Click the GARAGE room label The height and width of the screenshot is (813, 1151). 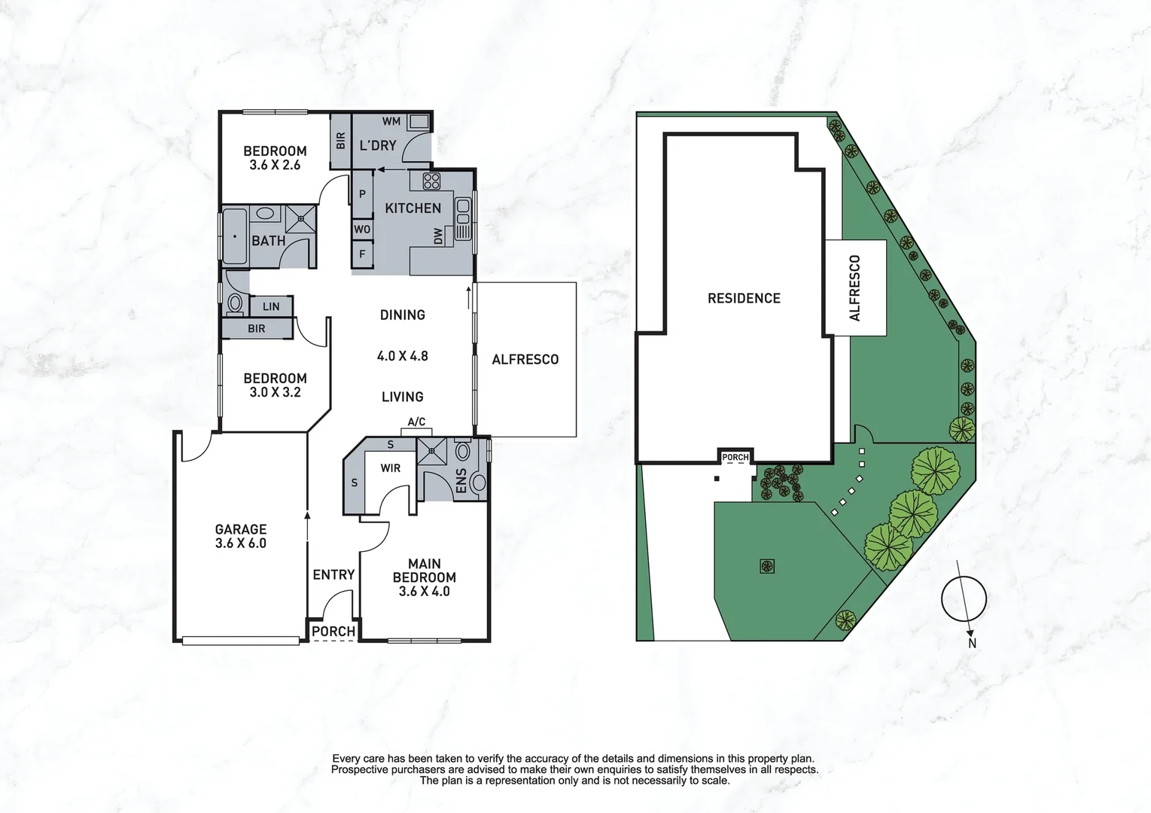tap(241, 529)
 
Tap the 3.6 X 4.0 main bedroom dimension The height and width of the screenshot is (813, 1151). tap(424, 592)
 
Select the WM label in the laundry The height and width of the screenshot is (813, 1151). tap(391, 121)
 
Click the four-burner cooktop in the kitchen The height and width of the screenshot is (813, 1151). tap(431, 181)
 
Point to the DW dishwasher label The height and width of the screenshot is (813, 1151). tap(438, 236)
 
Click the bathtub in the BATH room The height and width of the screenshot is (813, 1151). tap(235, 236)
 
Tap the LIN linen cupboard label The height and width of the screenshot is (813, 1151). tap(271, 306)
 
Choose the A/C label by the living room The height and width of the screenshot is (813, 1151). tap(416, 422)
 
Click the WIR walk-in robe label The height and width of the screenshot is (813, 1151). tap(390, 468)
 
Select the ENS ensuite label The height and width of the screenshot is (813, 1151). tap(461, 481)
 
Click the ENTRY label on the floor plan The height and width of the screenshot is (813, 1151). tap(333, 575)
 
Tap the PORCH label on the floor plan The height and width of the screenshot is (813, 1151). tap(333, 632)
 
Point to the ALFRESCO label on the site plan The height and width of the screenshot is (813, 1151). tap(854, 288)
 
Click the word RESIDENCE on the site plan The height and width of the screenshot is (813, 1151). tap(744, 298)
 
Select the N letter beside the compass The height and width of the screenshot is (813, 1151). tap(972, 644)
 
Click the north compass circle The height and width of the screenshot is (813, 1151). tap(964, 599)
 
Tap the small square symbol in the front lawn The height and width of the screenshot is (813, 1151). tap(766, 565)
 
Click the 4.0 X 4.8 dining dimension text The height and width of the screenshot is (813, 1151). tap(402, 356)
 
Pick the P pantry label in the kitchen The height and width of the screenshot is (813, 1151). tap(362, 194)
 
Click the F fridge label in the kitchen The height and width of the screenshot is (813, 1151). tap(362, 254)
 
